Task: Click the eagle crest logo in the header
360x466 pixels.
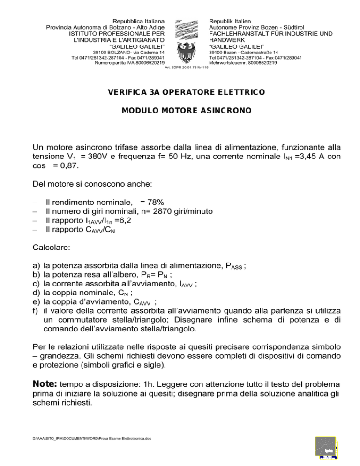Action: click(x=187, y=42)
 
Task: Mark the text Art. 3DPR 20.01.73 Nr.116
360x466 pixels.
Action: click(x=187, y=68)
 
